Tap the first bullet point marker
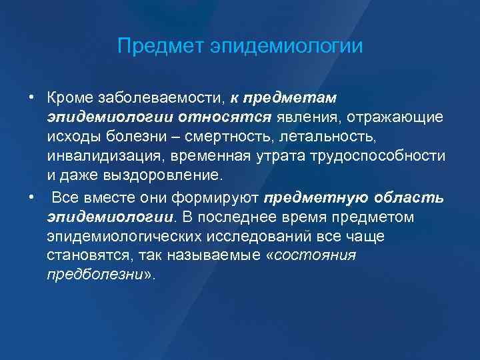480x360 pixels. (x=31, y=98)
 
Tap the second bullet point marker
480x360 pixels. (x=31, y=198)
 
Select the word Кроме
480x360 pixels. (x=69, y=98)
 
